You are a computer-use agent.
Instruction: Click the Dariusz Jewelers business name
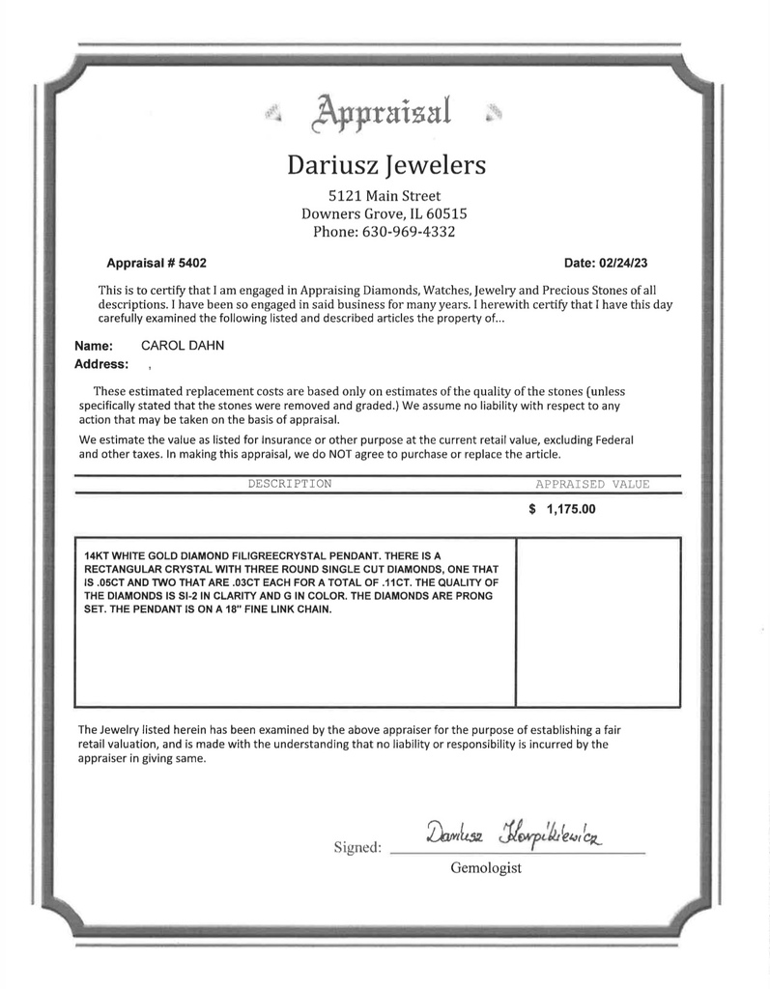(385, 165)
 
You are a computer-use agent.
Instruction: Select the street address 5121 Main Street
(385, 195)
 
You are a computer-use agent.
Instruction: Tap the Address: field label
(101, 364)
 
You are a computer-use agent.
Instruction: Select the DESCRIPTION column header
(289, 484)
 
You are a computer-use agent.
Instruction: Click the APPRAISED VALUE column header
(592, 484)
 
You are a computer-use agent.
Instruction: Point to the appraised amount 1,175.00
(570, 510)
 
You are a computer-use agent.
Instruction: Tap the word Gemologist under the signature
(486, 868)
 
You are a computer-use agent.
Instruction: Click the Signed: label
(357, 848)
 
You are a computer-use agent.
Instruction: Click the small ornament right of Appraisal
(495, 115)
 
